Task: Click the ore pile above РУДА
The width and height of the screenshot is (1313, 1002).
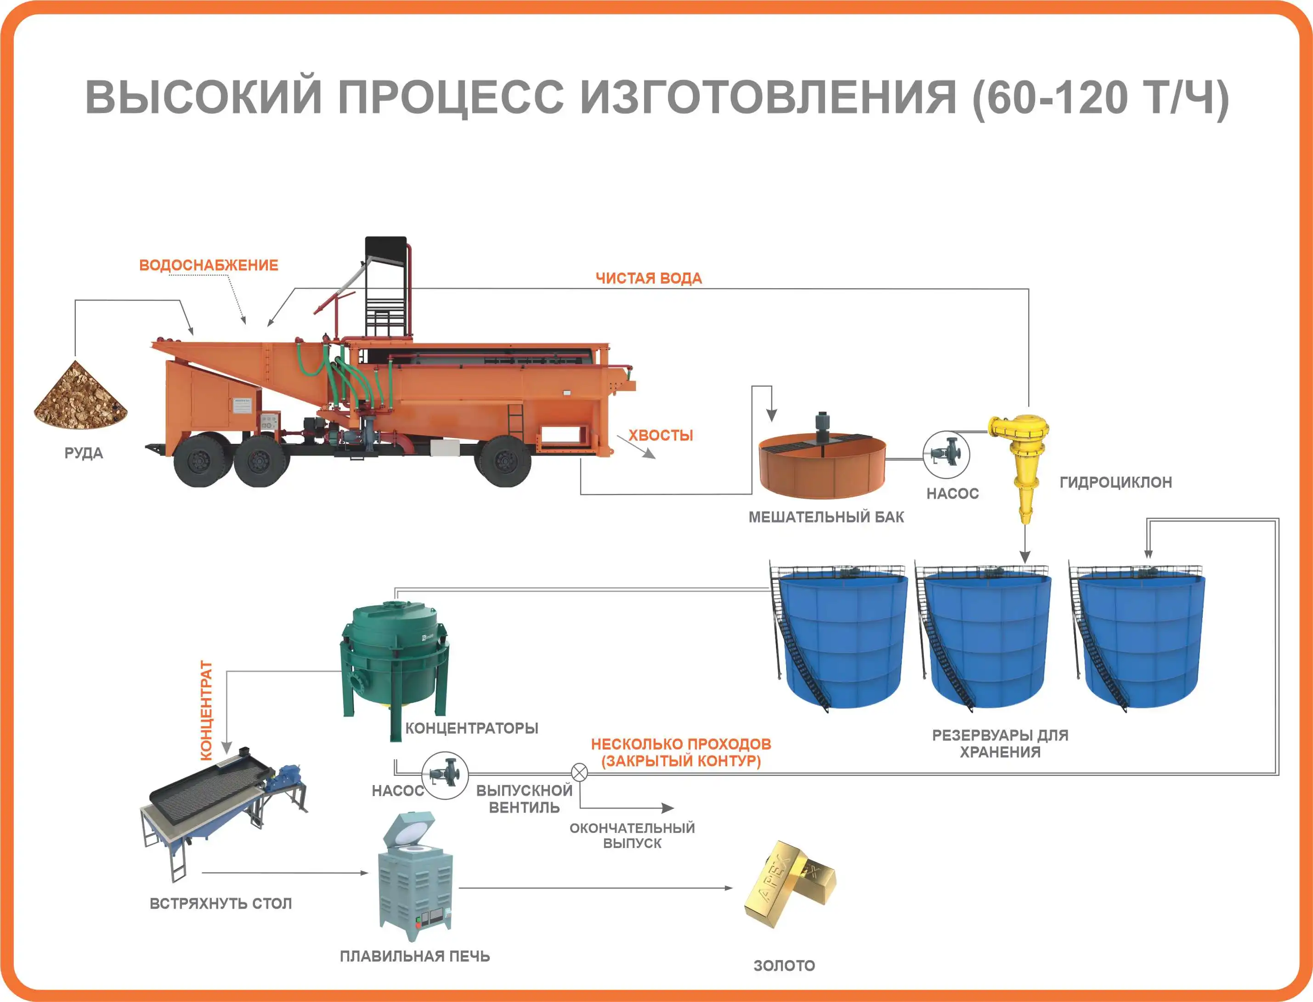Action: click(80, 395)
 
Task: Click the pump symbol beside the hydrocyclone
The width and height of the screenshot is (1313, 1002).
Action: click(946, 455)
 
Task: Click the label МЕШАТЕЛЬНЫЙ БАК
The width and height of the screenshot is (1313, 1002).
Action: click(826, 517)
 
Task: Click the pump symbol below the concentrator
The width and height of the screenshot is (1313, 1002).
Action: click(445, 775)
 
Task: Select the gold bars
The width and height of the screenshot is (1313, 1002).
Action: click(789, 884)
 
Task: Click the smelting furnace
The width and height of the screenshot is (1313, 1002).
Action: click(415, 877)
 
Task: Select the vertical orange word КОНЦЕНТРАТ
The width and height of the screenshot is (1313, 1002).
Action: click(206, 710)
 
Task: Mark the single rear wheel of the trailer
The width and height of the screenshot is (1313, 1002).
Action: click(505, 461)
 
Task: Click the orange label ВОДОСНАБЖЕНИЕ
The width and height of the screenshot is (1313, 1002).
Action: click(209, 265)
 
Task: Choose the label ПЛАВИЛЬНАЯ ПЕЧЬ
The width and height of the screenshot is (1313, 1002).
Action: click(415, 956)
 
